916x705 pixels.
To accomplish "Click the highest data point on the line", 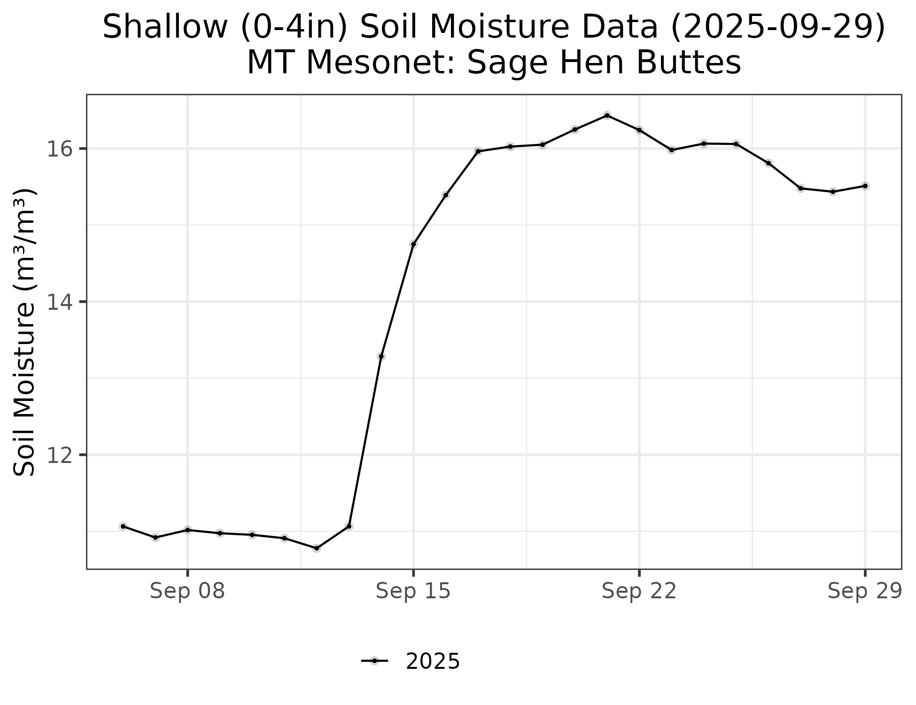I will click(607, 116).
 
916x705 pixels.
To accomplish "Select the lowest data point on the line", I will click(317, 548).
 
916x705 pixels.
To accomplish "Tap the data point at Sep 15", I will click(413, 244).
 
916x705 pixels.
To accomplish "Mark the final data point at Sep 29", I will click(865, 186).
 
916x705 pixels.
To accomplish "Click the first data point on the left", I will click(123, 526).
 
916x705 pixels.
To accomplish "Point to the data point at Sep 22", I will click(639, 130).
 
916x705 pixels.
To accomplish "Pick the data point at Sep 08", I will click(187, 530).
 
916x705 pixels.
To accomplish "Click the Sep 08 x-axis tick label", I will click(187, 591).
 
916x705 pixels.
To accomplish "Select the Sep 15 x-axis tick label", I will click(413, 591).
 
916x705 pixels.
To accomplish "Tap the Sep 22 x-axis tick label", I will click(639, 591).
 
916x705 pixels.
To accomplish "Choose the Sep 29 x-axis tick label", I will click(865, 591).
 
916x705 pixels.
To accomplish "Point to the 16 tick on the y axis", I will click(59, 149).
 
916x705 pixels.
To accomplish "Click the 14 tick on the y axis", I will click(59, 302).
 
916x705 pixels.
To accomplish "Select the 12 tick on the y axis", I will click(59, 455).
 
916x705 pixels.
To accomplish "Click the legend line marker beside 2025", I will click(374, 661).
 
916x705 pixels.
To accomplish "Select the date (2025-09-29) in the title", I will click(777, 27).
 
